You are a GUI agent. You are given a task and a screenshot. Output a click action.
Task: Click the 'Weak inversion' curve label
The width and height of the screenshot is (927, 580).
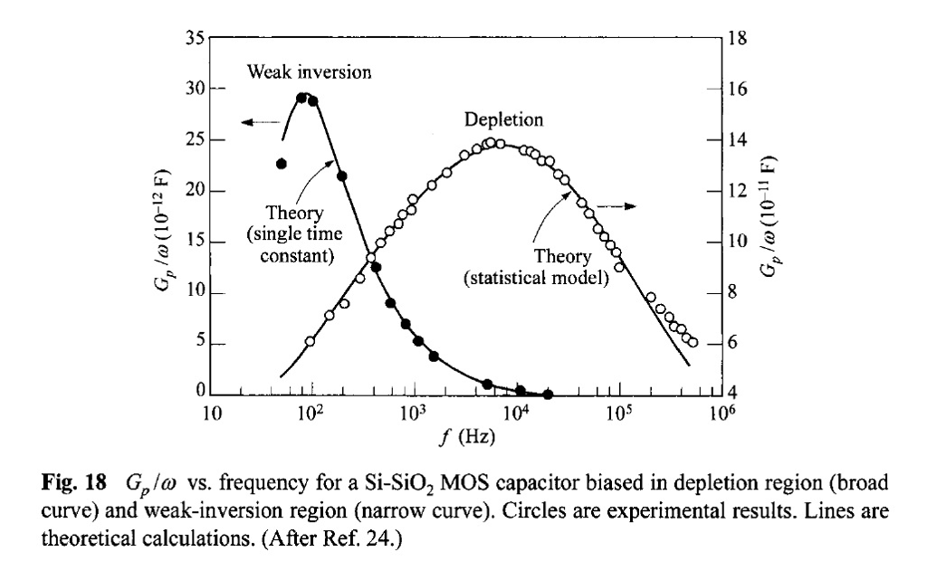309,72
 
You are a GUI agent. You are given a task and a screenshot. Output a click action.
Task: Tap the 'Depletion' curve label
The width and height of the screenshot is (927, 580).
504,119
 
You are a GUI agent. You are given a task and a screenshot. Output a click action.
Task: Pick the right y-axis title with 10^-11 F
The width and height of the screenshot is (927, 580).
770,216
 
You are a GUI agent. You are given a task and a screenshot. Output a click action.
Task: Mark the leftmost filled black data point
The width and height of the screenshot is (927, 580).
282,164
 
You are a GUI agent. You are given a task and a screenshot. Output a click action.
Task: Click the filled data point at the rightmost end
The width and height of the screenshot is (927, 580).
548,395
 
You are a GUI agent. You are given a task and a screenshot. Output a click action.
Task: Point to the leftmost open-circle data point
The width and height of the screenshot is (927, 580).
311,342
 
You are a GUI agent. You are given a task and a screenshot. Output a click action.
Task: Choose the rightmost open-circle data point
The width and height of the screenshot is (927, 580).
693,343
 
